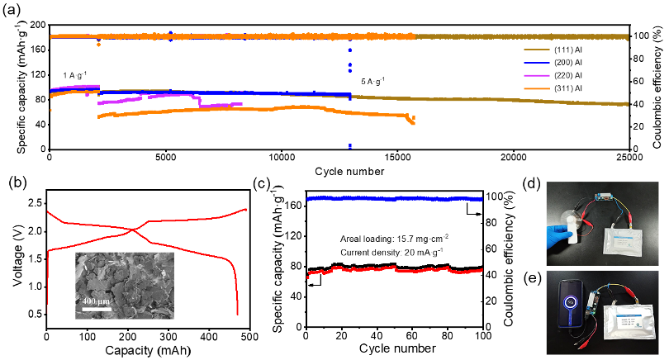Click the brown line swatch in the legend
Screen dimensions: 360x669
(536, 50)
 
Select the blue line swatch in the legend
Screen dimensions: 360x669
(536, 63)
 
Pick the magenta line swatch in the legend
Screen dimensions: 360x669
(536, 75)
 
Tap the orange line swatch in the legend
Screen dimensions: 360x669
(536, 88)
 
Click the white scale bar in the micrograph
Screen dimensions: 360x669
(96, 310)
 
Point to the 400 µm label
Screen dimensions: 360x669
(96, 301)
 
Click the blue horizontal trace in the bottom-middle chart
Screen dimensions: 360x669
(394, 198)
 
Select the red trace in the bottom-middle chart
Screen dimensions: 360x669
(394, 269)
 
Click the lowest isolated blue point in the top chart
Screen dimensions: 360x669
(349, 146)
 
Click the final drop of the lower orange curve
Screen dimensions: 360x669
(412, 121)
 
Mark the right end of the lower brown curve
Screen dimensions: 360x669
(626, 104)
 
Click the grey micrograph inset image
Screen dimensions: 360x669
(124, 285)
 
